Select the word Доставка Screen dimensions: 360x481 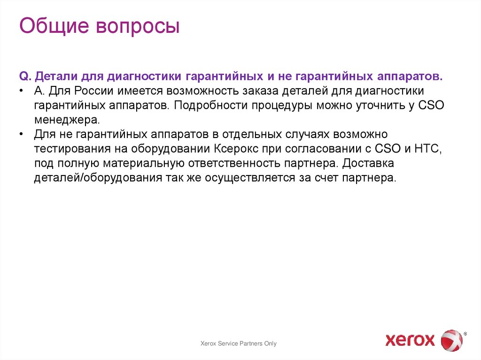pos(368,164)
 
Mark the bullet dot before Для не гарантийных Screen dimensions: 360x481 pos(22,135)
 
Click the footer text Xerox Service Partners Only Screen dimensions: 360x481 pos(239,344)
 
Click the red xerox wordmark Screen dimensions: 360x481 pos(410,340)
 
